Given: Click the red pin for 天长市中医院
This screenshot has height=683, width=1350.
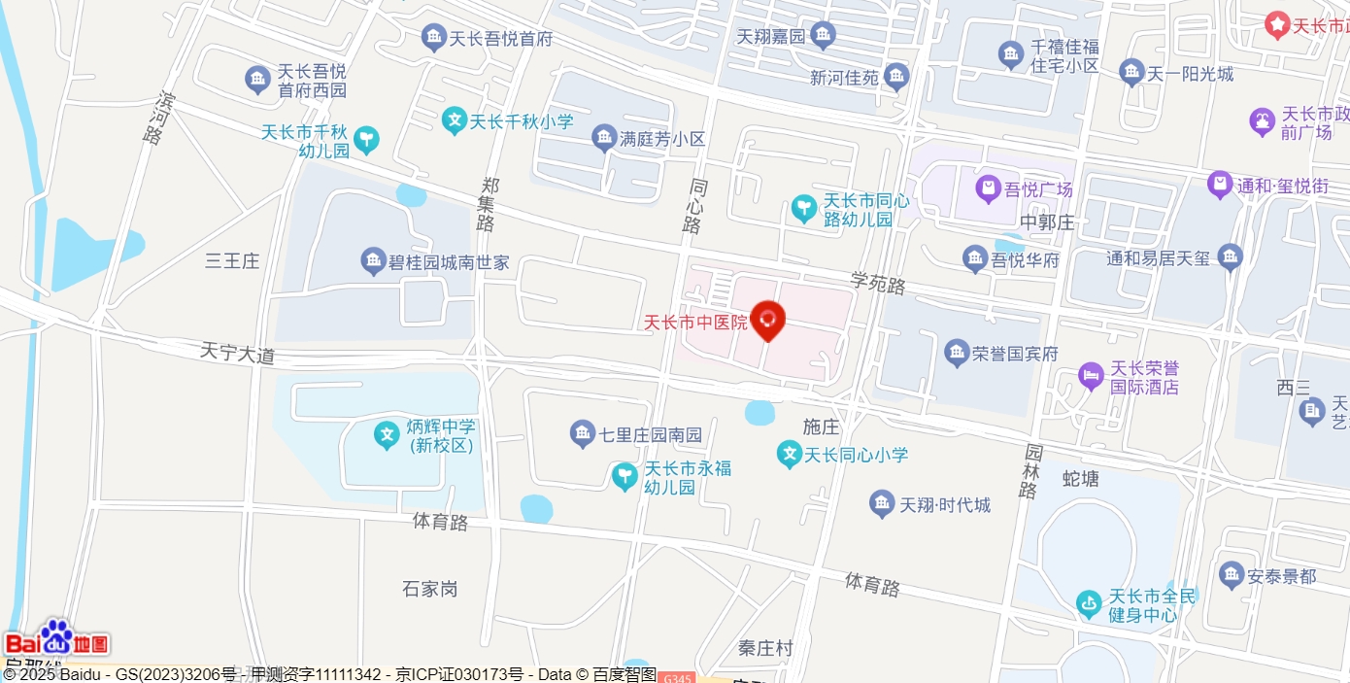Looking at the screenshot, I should [768, 320].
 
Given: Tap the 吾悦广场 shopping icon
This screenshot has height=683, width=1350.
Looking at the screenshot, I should [989, 187].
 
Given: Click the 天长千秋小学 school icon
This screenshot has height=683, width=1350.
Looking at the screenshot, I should [454, 120].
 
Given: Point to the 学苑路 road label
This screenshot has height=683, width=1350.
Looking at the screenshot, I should [878, 284].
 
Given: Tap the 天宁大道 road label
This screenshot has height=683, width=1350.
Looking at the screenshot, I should [237, 353].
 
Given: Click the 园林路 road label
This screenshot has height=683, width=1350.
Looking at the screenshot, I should [1030, 471].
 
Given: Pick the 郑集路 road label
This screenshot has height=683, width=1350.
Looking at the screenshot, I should [487, 204].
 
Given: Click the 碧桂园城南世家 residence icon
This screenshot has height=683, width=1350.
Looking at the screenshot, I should [373, 260].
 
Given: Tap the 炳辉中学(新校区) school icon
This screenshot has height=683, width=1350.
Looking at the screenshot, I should [387, 434].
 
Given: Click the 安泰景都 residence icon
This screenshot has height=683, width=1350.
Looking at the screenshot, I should [1232, 574].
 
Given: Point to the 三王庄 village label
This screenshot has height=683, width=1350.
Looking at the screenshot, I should [232, 260].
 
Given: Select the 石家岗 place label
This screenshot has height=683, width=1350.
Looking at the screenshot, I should [429, 589].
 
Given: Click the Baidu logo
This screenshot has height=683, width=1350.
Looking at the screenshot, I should [56, 638].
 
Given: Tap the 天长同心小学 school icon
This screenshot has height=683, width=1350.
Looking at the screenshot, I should [789, 453].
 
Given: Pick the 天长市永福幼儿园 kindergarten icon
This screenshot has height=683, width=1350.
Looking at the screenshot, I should [624, 476].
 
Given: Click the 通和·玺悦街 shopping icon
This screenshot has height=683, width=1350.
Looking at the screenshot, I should [1220, 184].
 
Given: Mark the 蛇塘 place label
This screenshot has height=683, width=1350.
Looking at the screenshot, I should [1081, 478].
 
